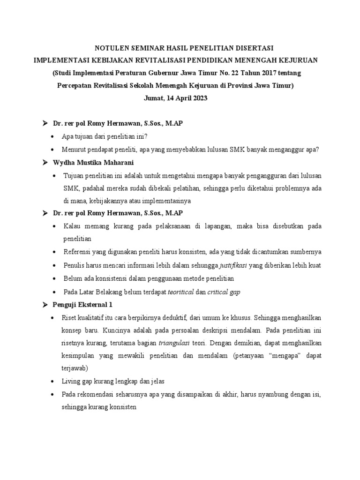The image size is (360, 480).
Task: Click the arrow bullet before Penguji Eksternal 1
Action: [x=45, y=305]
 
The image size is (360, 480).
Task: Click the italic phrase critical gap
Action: [x=224, y=292]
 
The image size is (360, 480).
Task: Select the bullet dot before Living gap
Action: [x=52, y=381]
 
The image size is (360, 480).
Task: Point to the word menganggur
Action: [x=289, y=150]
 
